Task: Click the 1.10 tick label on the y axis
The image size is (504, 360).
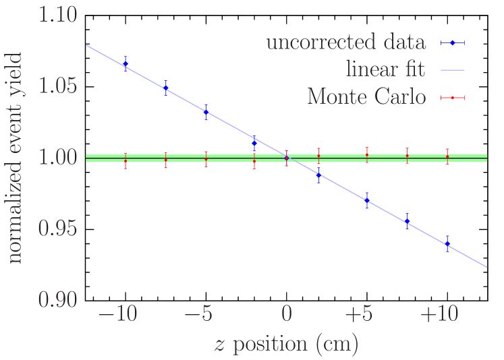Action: (57, 16)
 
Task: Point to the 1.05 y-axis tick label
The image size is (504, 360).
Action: (57, 86)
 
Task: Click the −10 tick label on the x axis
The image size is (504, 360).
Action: (118, 315)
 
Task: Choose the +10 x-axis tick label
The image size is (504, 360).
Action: (441, 315)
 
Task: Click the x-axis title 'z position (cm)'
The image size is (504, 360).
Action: (286, 344)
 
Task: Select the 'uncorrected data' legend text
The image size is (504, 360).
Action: (346, 43)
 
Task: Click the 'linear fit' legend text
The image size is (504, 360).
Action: (386, 70)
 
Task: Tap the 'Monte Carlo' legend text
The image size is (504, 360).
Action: (367, 98)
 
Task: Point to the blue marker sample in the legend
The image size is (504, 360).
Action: (453, 43)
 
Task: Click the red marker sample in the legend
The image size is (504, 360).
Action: (453, 98)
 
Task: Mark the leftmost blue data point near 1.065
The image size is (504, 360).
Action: (125, 64)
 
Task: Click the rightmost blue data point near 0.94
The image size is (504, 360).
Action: (447, 243)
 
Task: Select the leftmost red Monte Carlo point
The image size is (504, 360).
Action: (125, 160)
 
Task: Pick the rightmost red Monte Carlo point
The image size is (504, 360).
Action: (447, 156)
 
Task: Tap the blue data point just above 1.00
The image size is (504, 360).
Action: (254, 143)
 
